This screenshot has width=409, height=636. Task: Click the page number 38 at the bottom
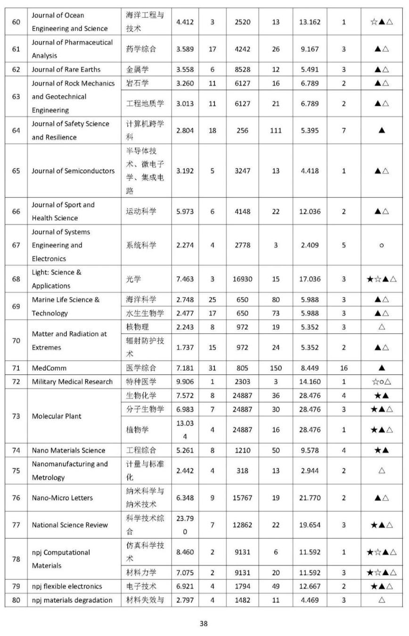[x=204, y=623]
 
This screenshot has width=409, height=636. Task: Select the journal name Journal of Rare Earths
[x=66, y=69]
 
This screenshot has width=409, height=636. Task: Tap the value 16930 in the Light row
[x=242, y=279]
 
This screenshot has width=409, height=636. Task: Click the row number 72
[x=16, y=381]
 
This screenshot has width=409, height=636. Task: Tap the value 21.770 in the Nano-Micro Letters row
[x=309, y=498]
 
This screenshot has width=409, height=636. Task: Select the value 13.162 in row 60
[x=309, y=22]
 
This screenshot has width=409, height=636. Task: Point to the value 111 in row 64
[x=276, y=131]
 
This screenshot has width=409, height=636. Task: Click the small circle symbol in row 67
[x=381, y=245]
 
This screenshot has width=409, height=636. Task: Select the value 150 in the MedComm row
[x=276, y=368]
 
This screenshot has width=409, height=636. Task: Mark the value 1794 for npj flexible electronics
[x=242, y=586]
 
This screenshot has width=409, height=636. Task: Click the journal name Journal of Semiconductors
[x=73, y=171]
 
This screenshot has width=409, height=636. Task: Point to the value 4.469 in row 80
[x=309, y=600]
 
